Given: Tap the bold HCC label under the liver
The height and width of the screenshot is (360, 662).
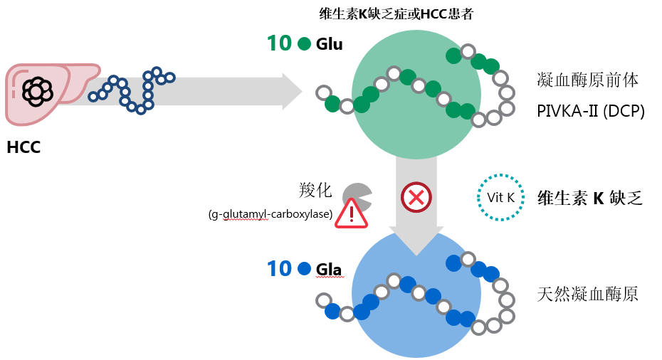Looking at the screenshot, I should (x=23, y=148).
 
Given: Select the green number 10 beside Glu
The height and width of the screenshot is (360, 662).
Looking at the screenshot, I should (x=279, y=44).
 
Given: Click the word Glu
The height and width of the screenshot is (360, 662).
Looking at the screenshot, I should (x=330, y=45).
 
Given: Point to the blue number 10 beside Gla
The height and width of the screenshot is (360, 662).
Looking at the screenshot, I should (x=279, y=269).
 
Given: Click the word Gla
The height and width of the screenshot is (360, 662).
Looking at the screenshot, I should (x=329, y=270).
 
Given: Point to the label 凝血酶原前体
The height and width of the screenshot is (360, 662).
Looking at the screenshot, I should (x=588, y=80).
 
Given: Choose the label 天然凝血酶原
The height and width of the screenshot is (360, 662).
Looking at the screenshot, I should (x=588, y=293).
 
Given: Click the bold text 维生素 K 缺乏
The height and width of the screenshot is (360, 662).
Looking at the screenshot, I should (x=590, y=198).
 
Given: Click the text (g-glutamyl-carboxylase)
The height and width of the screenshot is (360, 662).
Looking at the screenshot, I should (x=270, y=216).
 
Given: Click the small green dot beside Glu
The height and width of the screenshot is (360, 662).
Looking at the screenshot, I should (x=305, y=44).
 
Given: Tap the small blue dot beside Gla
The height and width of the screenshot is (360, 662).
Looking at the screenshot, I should (x=305, y=269).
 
